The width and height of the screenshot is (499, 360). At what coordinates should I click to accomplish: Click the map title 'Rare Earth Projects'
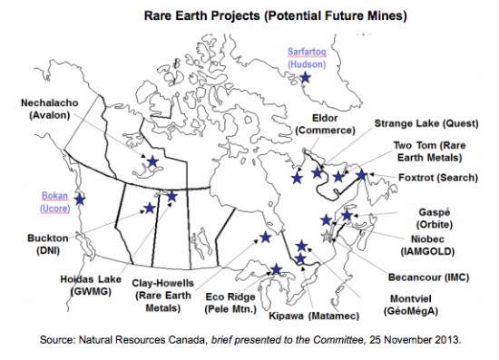pyautogui.click(x=191, y=15)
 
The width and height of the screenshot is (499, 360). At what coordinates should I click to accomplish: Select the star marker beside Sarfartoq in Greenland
pyautogui.click(x=305, y=79)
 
